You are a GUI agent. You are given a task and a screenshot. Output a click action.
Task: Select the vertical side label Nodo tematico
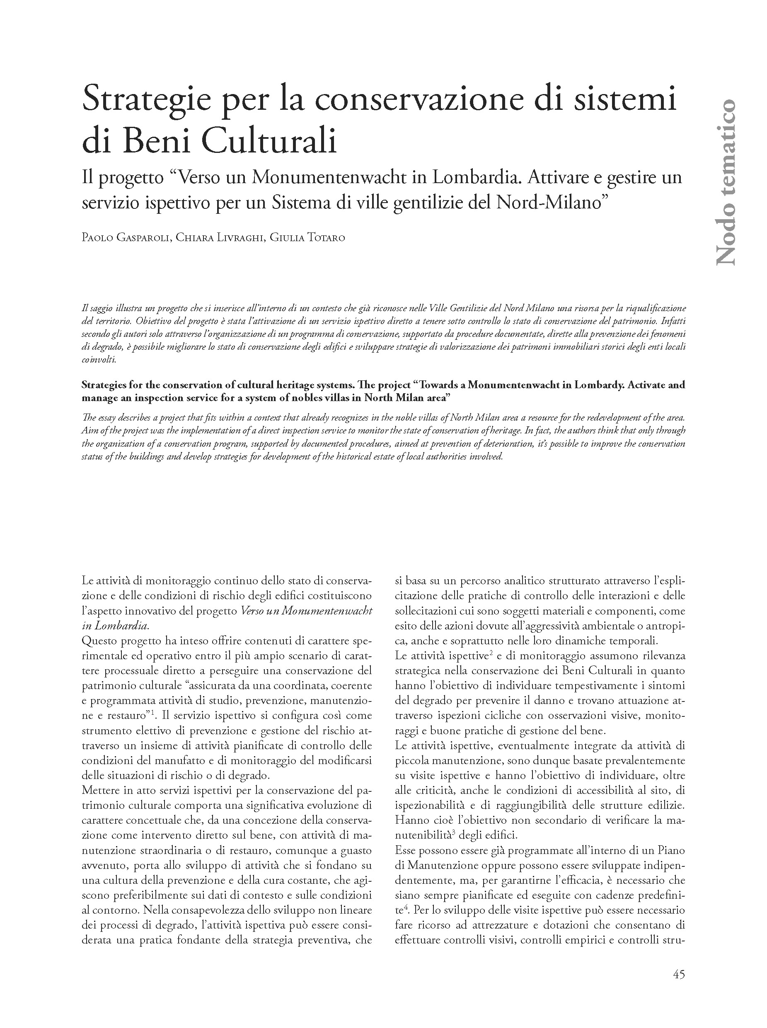coord(726,182)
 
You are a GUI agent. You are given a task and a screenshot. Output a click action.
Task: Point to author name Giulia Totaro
coord(307,238)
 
